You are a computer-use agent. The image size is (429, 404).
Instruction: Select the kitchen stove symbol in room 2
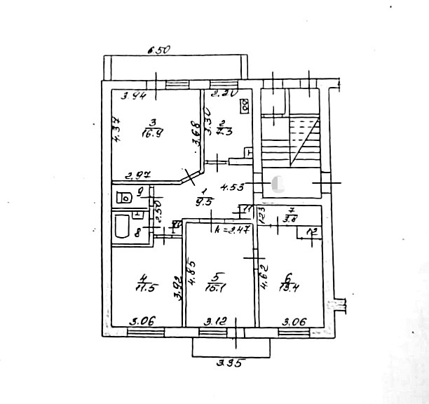pyautogui.click(x=245, y=107)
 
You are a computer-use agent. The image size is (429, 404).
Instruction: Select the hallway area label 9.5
pyautogui.click(x=205, y=201)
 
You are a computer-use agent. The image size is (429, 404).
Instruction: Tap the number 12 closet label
pyautogui.click(x=312, y=232)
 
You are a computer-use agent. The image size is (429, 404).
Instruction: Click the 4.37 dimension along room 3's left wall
pyautogui.click(x=118, y=129)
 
